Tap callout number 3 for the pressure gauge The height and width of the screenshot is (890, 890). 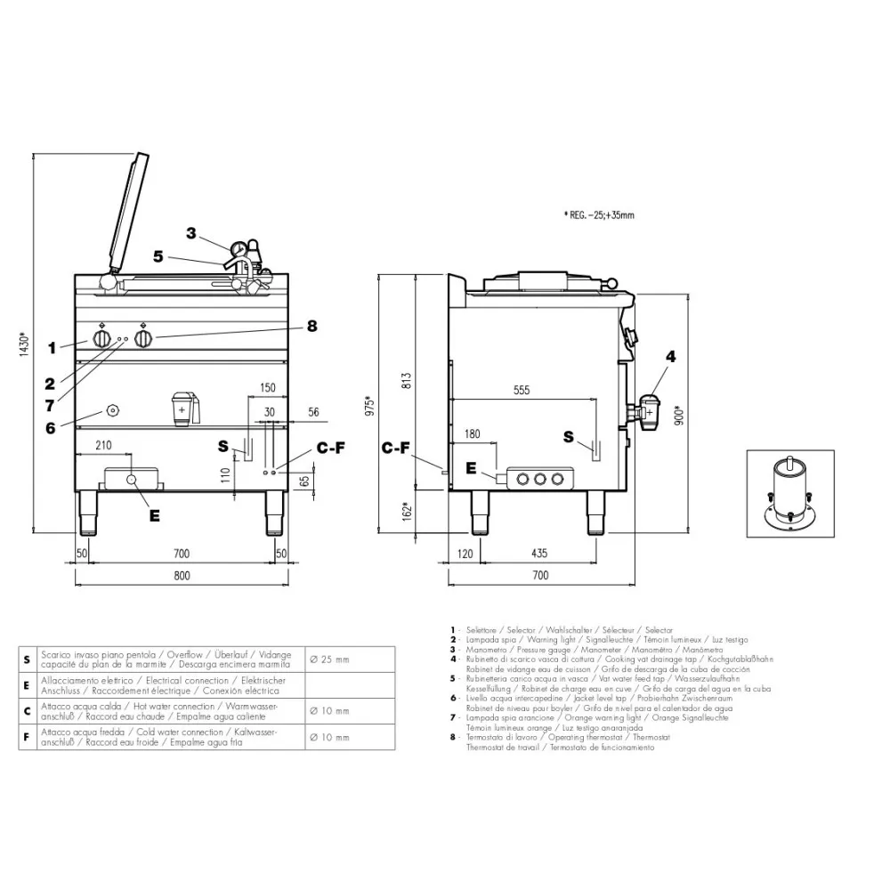(190, 233)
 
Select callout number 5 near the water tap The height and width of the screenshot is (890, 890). (158, 256)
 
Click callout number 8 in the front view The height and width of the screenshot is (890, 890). (311, 326)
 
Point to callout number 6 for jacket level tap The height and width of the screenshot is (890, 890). (50, 426)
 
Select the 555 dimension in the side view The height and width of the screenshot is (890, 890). (522, 391)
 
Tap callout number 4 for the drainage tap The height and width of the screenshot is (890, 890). (670, 357)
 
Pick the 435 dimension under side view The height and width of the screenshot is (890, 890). (539, 554)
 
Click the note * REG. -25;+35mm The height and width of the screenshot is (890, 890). (600, 214)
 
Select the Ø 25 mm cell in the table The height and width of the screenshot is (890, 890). (329, 659)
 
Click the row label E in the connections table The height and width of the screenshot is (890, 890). (27, 685)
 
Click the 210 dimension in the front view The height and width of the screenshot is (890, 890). (103, 444)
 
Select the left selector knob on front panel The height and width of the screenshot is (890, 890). (102, 340)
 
